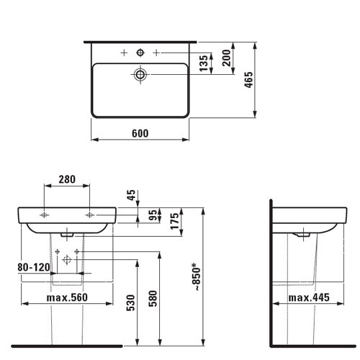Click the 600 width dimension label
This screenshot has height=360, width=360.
(x=140, y=133)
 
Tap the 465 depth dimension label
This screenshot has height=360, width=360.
(x=248, y=80)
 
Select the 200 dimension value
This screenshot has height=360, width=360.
(x=226, y=58)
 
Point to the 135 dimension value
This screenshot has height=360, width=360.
(x=204, y=63)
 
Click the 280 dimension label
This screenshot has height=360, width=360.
(x=67, y=179)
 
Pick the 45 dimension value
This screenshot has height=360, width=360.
(x=131, y=195)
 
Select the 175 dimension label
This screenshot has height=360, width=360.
(x=175, y=221)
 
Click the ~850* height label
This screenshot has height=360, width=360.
(x=196, y=277)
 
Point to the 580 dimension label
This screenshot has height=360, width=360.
(x=153, y=299)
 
